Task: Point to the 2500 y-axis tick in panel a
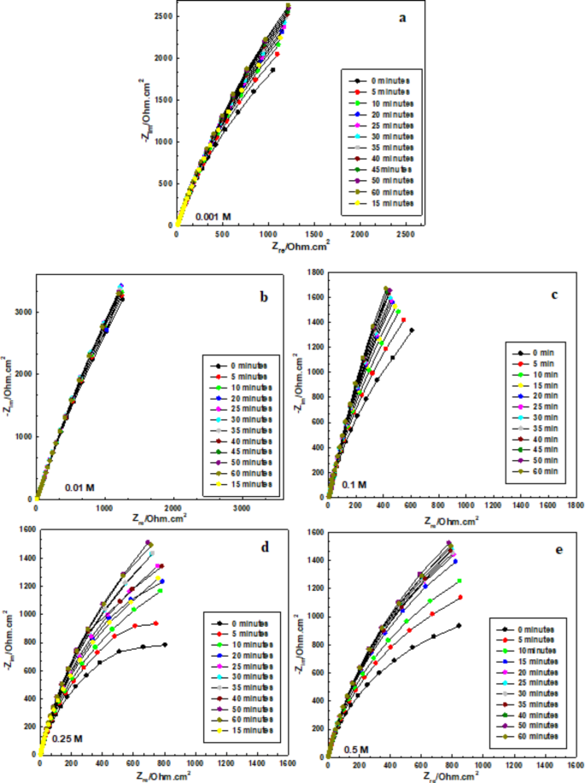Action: (160, 16)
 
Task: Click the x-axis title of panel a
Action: (300, 247)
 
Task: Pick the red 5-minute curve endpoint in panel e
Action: (461, 597)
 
